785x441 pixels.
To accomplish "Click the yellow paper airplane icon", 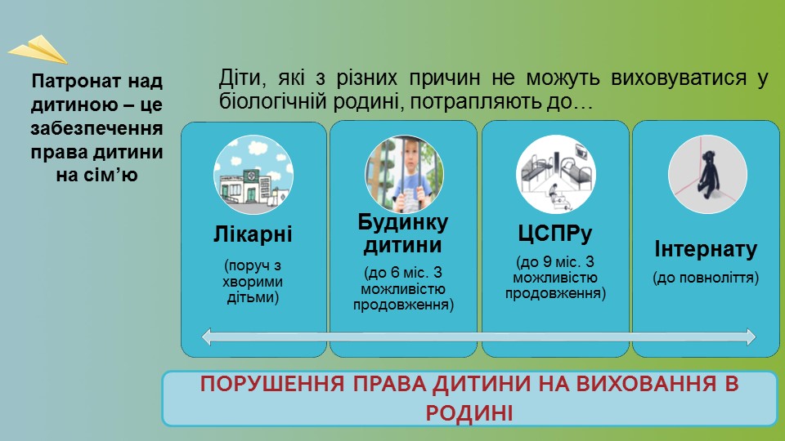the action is coord(38,50).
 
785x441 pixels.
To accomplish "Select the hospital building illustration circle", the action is coord(253,175).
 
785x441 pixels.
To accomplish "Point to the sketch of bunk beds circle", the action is coord(556,175).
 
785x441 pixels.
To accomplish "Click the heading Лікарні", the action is coord(253,234).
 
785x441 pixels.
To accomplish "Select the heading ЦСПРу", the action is coord(555,234).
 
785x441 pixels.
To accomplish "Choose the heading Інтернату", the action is coord(706,249).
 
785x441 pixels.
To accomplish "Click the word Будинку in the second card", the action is coord(403,222).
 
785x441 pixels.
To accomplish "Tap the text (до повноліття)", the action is coord(706,278).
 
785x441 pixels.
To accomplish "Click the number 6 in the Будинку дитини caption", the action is coord(396,273).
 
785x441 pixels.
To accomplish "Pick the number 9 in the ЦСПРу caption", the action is coord(547,261).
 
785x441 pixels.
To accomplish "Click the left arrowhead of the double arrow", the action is coord(206,336).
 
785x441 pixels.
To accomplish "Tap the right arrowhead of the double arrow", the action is coord(751,336).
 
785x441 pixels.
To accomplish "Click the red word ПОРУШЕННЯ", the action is coord(272,384).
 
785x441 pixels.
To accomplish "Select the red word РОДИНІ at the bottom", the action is coord(469,413).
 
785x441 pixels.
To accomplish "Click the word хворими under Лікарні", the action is coord(253,282).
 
